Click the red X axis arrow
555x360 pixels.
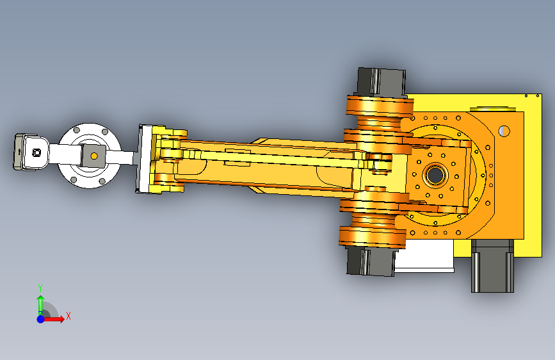tap(54, 319)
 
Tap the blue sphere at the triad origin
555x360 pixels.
tap(41, 319)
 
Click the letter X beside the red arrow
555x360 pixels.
tap(68, 316)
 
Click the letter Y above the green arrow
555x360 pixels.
tap(40, 288)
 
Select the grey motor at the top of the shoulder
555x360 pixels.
tap(381, 82)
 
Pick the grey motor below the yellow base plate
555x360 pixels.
tap(492, 265)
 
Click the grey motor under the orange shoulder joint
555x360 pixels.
tap(371, 261)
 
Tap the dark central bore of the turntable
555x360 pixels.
tap(435, 175)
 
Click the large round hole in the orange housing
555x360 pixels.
tap(504, 131)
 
